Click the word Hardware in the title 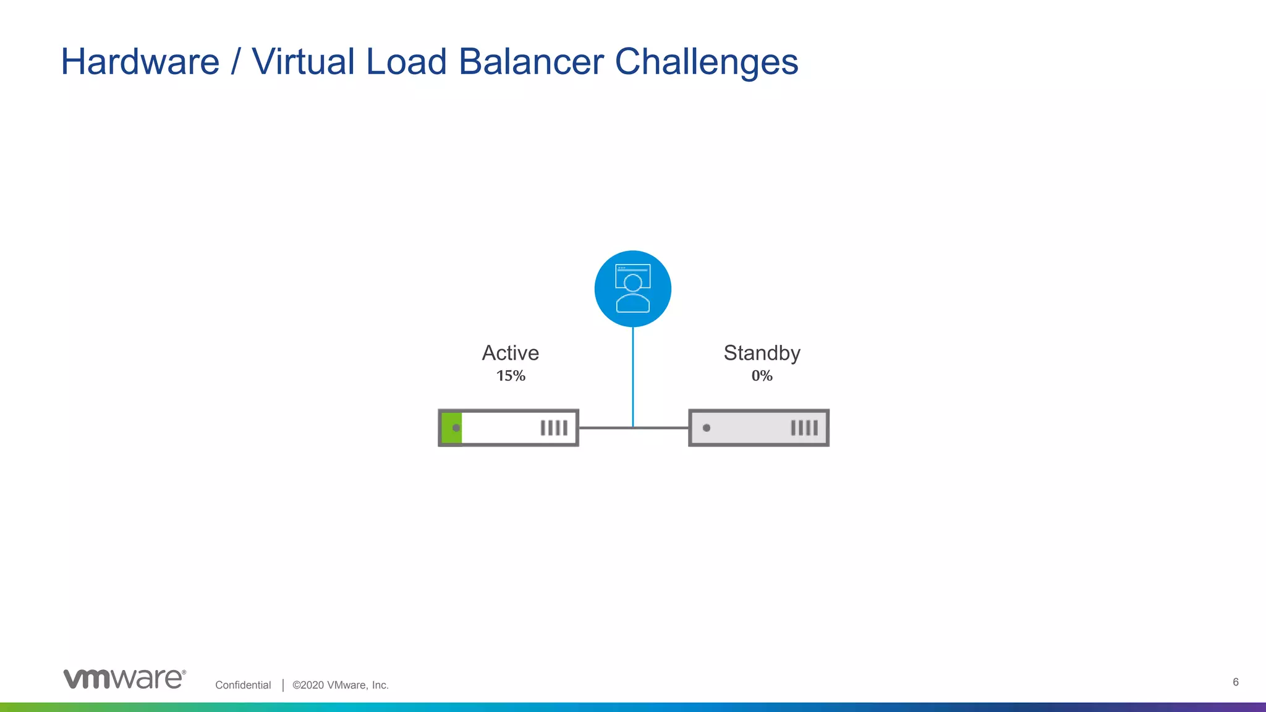click(140, 62)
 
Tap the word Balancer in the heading click(531, 62)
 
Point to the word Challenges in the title click(706, 62)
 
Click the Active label click(511, 353)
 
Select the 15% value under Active click(511, 376)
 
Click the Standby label click(762, 353)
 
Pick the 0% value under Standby click(762, 376)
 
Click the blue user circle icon click(632, 289)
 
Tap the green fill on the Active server click(451, 428)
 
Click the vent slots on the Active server click(554, 428)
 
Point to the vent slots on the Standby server click(804, 428)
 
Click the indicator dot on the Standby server click(707, 428)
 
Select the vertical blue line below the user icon click(632, 377)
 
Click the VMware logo click(124, 679)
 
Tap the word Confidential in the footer click(243, 685)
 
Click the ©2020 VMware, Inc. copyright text click(341, 685)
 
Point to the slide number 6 click(1236, 682)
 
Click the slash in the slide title click(235, 62)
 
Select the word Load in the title click(406, 62)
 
